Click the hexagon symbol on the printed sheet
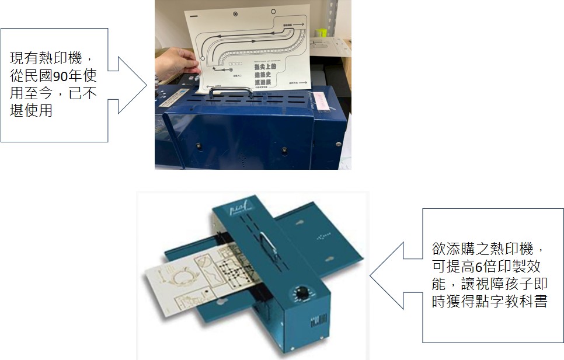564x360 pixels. (235, 13)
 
